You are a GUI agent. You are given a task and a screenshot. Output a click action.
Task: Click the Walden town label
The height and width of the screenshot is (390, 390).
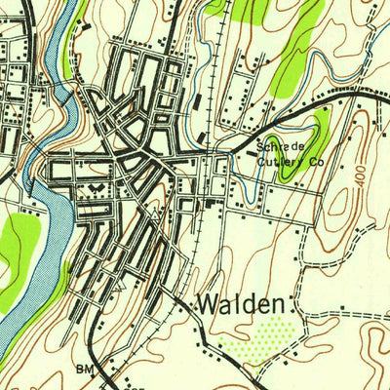pos(243,304)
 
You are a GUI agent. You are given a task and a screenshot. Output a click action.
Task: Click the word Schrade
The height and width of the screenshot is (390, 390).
pos(276,146)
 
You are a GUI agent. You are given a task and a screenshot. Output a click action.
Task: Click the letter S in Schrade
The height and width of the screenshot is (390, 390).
pos(260,146)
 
